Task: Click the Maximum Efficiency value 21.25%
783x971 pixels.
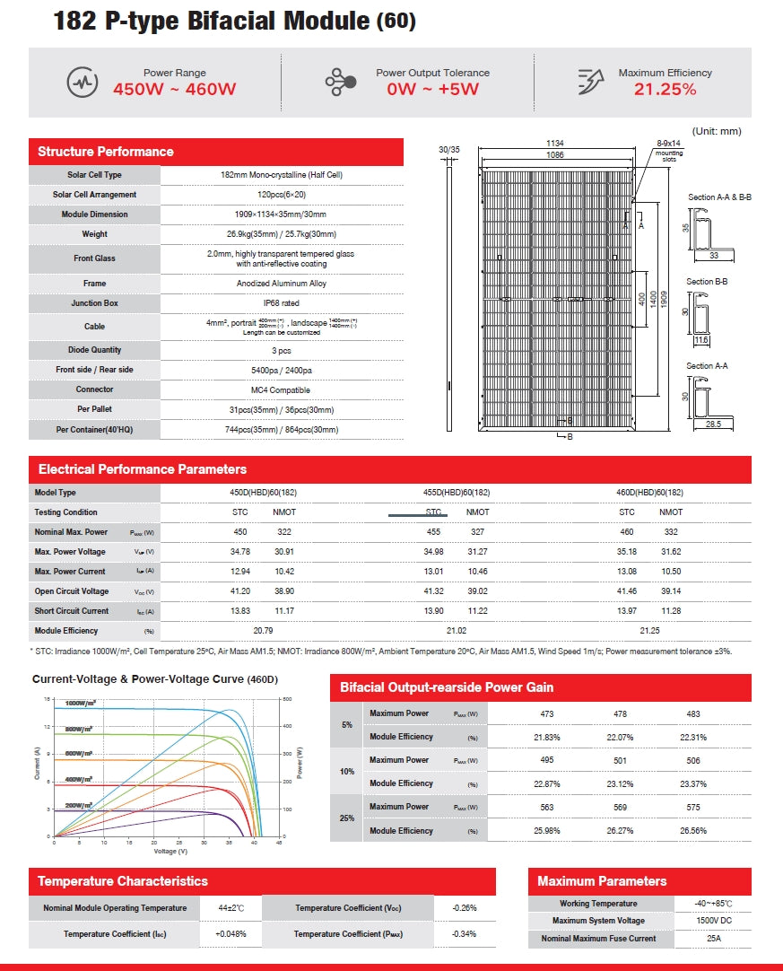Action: click(x=665, y=89)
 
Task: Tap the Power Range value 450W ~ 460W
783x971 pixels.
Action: click(x=175, y=89)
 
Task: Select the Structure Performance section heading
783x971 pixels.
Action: click(x=106, y=152)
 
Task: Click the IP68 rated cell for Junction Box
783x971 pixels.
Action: click(x=282, y=303)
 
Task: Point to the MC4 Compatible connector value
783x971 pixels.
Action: click(x=282, y=389)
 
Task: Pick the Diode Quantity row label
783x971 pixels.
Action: click(x=94, y=350)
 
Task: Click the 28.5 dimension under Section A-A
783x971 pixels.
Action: click(x=712, y=424)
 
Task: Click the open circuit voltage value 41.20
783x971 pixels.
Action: click(x=239, y=591)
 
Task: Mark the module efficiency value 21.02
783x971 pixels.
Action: click(x=457, y=631)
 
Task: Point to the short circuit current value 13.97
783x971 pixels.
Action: click(x=627, y=611)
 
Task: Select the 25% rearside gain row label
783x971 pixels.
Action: click(x=347, y=818)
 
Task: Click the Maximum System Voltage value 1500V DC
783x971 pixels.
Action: click(x=713, y=921)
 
